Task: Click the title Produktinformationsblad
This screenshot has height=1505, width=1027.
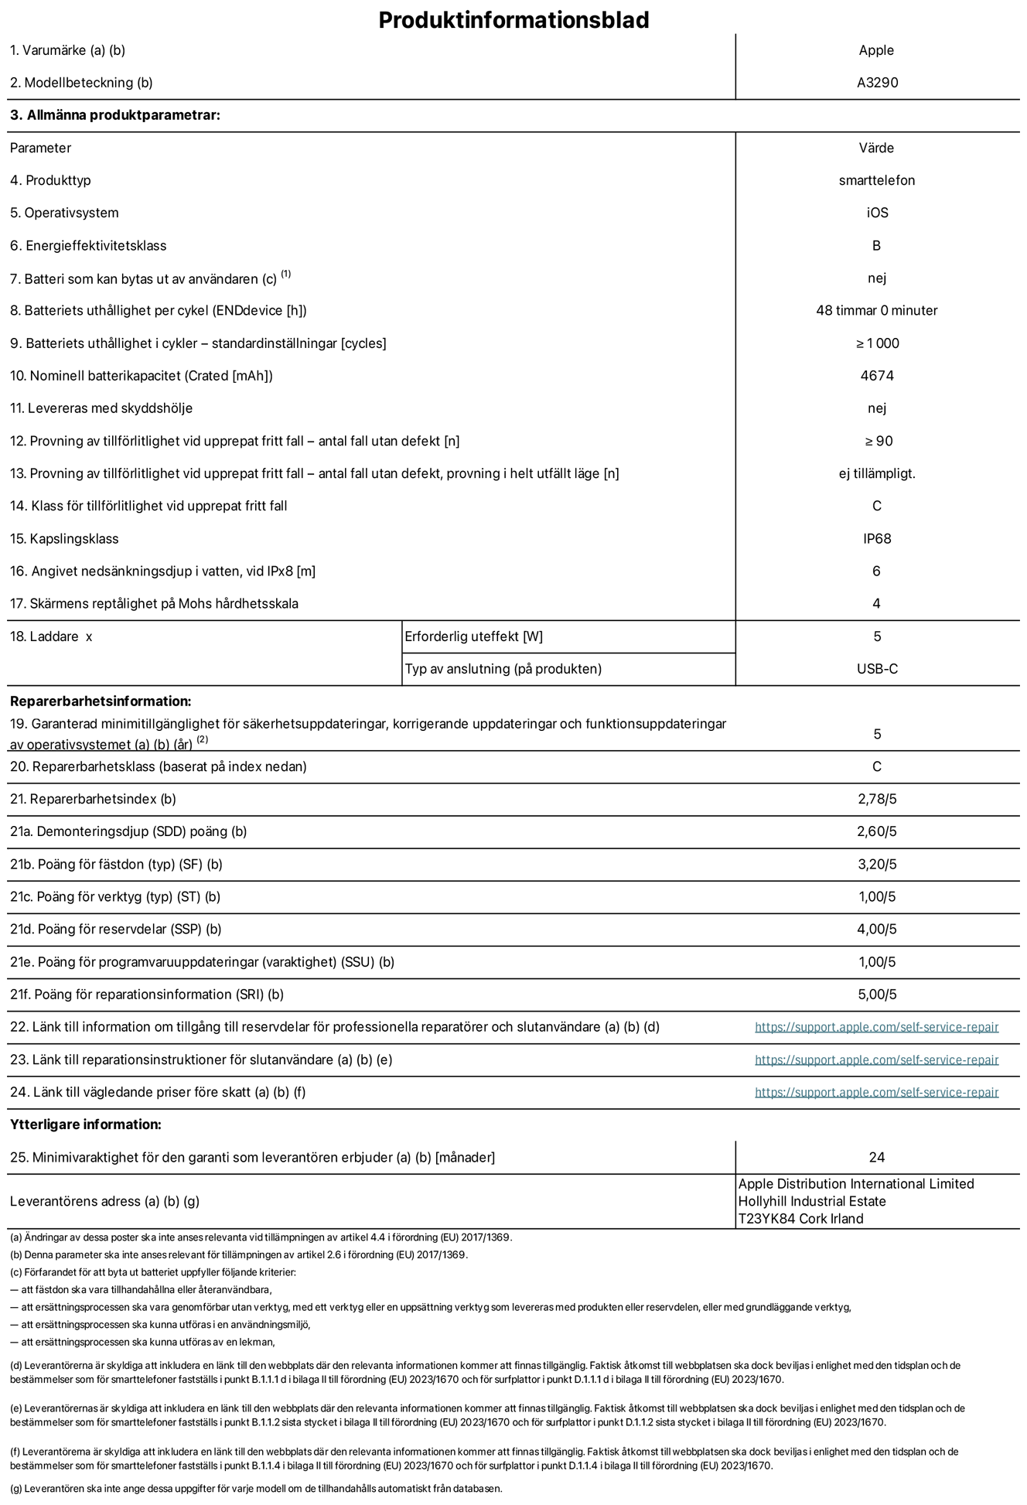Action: [x=513, y=20]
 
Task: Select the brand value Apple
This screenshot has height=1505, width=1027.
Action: [x=876, y=50]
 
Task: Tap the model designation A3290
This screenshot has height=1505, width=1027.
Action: [x=877, y=83]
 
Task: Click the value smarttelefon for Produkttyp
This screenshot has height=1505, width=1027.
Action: [x=876, y=180]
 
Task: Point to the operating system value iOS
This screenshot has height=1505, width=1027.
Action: [x=877, y=213]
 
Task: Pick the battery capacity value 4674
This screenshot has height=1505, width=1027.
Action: [x=876, y=376]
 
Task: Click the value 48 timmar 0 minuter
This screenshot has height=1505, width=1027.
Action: [x=876, y=311]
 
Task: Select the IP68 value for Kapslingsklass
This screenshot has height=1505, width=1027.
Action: [x=877, y=539]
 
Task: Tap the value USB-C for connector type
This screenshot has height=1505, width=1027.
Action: [x=877, y=669]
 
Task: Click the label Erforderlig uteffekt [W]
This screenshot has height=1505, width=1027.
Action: [x=473, y=636]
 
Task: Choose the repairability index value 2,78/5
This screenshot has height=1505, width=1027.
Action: [x=877, y=799]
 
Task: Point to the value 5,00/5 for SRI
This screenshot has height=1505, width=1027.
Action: [x=877, y=995]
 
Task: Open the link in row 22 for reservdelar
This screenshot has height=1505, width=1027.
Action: [x=876, y=1027]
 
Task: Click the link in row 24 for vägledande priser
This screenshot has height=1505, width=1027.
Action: [x=876, y=1092]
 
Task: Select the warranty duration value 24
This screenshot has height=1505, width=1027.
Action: [x=876, y=1158]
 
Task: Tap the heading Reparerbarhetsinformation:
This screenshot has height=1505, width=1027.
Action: [x=101, y=701]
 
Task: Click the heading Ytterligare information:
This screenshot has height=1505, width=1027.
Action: [x=86, y=1124]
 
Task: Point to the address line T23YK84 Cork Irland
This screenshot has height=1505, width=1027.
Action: [x=800, y=1219]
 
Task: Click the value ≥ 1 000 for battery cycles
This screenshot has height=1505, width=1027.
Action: [x=877, y=343]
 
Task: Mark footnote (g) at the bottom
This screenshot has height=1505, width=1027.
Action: [x=255, y=1488]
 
